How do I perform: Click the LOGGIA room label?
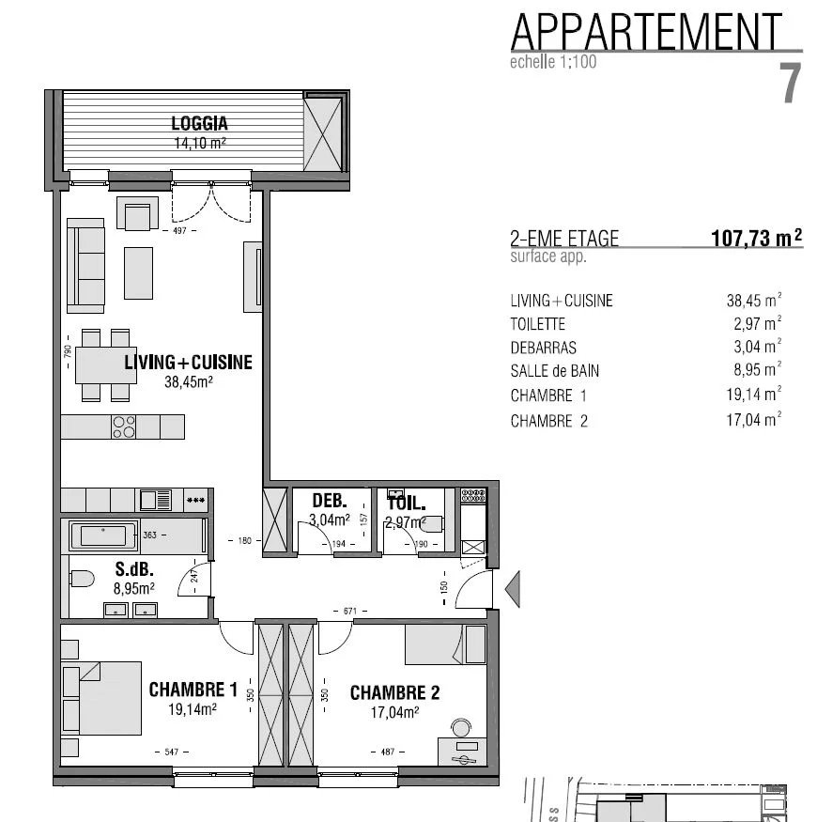pyautogui.click(x=199, y=124)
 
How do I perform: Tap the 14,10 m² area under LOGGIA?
pyautogui.click(x=200, y=143)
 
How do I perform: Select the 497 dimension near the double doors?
pyautogui.click(x=179, y=230)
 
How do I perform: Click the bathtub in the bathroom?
pyautogui.click(x=103, y=536)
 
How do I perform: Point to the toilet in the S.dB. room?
pyautogui.click(x=82, y=579)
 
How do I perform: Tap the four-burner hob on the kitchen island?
pyautogui.click(x=124, y=427)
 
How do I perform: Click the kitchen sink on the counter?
pyautogui.click(x=155, y=500)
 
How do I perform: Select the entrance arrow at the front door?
pyautogui.click(x=513, y=589)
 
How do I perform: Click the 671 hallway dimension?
pyautogui.click(x=350, y=611)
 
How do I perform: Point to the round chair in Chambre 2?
pyautogui.click(x=461, y=728)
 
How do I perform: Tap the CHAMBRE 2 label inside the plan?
pyautogui.click(x=394, y=692)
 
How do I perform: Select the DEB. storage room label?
pyautogui.click(x=330, y=501)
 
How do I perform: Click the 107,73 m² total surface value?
pyautogui.click(x=757, y=238)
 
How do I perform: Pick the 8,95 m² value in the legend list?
pyautogui.click(x=757, y=369)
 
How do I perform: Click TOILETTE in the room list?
pyautogui.click(x=538, y=324)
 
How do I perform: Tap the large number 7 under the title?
pyautogui.click(x=791, y=83)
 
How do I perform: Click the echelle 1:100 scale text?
pyautogui.click(x=553, y=62)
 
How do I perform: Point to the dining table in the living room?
pyautogui.click(x=106, y=365)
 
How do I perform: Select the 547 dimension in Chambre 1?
pyautogui.click(x=171, y=752)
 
